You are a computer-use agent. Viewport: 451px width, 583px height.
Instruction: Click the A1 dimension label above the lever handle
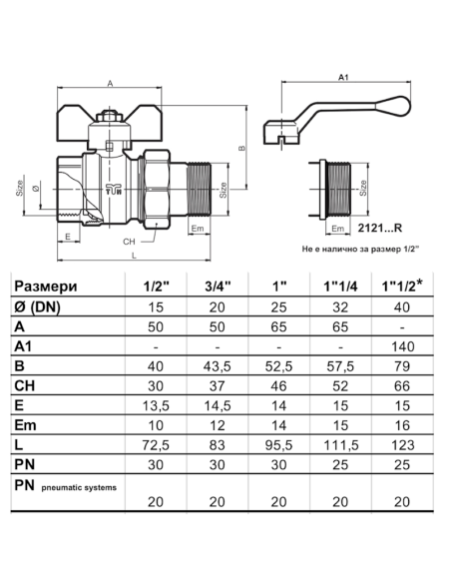coord(343,77)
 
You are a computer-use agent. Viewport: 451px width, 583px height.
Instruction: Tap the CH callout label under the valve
coord(129,242)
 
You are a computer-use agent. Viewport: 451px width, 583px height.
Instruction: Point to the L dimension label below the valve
coord(134,256)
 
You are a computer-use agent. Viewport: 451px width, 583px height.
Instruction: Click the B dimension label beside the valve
coord(241,148)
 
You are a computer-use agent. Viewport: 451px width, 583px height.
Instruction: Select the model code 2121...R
coord(380,228)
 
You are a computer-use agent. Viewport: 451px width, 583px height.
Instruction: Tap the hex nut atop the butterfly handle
coord(109,117)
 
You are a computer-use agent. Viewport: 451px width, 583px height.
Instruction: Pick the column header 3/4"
coord(218,286)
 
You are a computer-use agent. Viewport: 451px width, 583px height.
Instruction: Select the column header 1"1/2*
coord(402,286)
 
